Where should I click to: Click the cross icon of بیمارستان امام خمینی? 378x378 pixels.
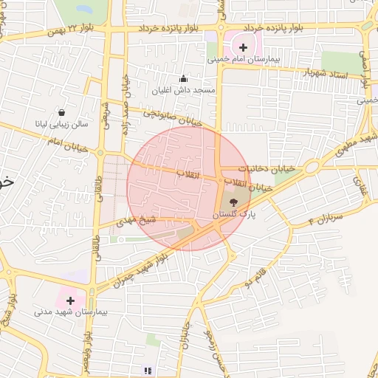[244, 48]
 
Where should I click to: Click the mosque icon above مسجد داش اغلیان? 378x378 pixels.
[184, 79]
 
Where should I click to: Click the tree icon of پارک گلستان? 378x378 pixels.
[233, 202]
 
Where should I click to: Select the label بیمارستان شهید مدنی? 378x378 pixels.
[71, 313]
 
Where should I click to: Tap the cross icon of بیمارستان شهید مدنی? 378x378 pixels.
[70, 300]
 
